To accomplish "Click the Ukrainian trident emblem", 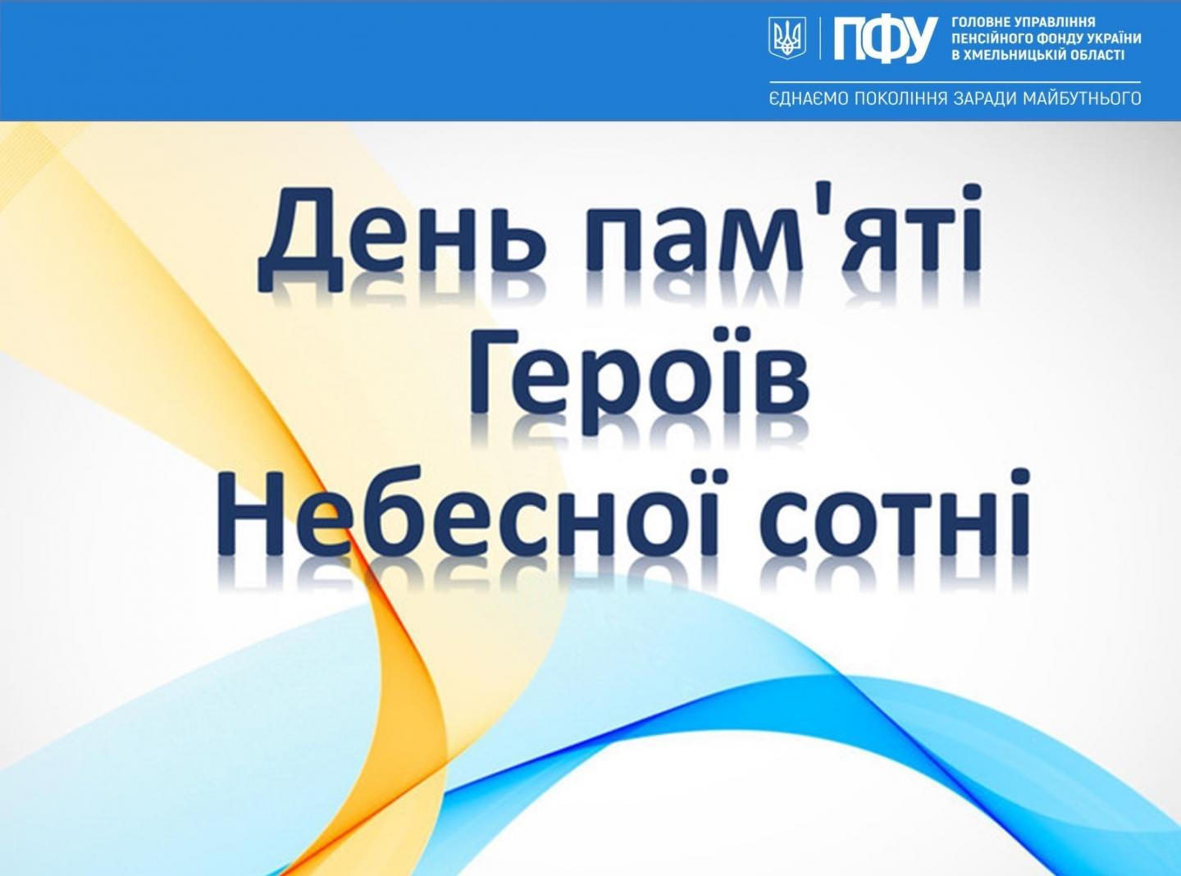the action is pyautogui.click(x=787, y=38).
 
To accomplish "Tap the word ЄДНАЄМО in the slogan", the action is pyautogui.click(x=805, y=99).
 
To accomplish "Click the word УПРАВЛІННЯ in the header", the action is pyautogui.click(x=1051, y=22).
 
